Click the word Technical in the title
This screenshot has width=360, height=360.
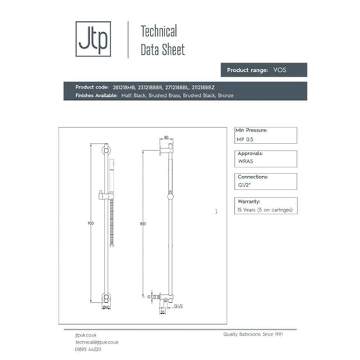pos(157,32)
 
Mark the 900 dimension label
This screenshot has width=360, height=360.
pos(92,223)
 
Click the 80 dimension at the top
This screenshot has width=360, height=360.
pos(166,137)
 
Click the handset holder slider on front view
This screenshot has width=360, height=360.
pos(108,192)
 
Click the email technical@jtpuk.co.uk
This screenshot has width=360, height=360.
pos(92,342)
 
